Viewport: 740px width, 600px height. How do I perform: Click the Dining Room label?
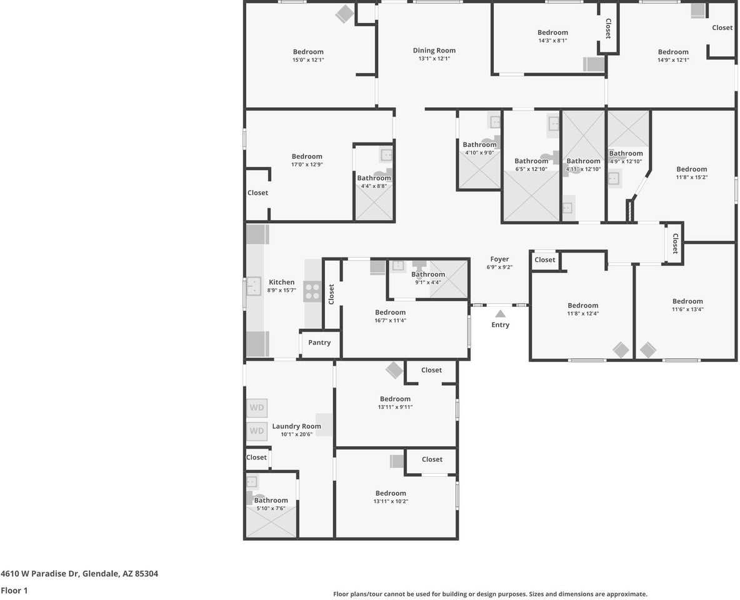click(x=434, y=51)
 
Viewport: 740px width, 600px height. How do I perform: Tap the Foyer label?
click(x=499, y=259)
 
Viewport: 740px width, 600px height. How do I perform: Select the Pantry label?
click(x=319, y=342)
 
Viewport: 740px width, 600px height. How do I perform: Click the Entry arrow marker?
click(x=500, y=314)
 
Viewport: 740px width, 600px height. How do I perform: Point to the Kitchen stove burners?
click(x=312, y=291)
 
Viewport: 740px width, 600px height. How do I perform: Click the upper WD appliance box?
click(x=257, y=408)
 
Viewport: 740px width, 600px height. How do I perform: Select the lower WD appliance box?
click(x=257, y=431)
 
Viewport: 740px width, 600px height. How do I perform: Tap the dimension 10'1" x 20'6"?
click(x=296, y=434)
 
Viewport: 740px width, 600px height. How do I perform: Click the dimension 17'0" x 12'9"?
click(x=307, y=165)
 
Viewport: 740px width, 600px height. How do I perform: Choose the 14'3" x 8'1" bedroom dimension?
click(x=552, y=41)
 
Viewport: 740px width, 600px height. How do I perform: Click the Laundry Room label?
click(x=296, y=426)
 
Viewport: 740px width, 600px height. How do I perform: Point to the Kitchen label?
click(x=281, y=282)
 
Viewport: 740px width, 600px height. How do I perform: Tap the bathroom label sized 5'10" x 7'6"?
click(x=271, y=500)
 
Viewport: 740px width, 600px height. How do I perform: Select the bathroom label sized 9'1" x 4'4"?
click(x=428, y=274)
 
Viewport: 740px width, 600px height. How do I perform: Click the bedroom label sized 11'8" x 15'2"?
click(x=691, y=169)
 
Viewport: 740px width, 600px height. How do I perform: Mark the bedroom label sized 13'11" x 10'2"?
click(x=391, y=493)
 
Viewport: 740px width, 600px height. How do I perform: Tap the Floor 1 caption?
click(x=14, y=590)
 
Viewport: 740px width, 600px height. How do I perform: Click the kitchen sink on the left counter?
click(x=253, y=286)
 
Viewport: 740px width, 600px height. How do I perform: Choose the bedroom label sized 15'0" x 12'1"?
click(x=308, y=52)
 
